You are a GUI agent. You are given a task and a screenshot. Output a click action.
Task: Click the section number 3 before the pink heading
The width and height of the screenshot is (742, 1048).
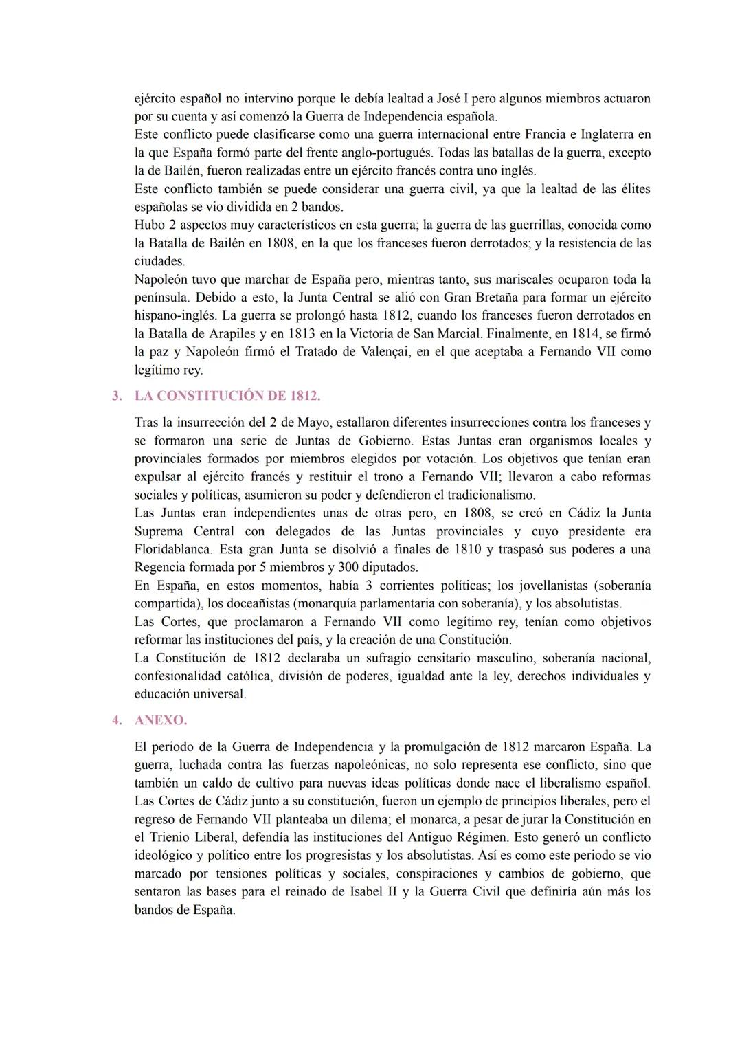point(117,396)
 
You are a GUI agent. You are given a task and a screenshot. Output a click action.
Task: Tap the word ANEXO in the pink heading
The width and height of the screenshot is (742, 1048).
point(160,720)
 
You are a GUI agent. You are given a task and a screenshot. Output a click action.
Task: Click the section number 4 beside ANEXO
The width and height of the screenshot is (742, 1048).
point(117,720)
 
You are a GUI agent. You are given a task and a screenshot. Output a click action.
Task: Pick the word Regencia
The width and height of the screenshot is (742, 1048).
point(160,568)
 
